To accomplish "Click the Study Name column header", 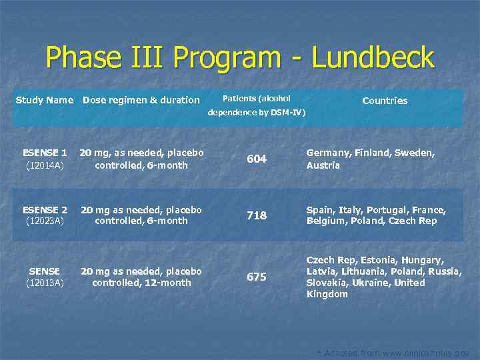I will click(x=44, y=100).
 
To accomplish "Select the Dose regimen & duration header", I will click(x=141, y=100).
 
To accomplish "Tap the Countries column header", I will click(x=385, y=101).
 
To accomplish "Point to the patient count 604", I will click(x=257, y=159).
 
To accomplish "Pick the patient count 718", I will click(x=257, y=215).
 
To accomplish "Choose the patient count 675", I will click(x=257, y=277).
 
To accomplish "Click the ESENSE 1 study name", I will click(x=45, y=153).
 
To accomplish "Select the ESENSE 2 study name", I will click(x=45, y=209).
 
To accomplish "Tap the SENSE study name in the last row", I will click(x=45, y=271).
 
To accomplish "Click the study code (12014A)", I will click(x=45, y=165).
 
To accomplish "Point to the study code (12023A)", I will click(x=45, y=221).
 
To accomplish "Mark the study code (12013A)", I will click(x=45, y=283).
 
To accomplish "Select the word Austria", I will click(x=323, y=165).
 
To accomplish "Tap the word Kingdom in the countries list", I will click(x=327, y=294).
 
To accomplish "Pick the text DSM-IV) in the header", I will click(x=287, y=113).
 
